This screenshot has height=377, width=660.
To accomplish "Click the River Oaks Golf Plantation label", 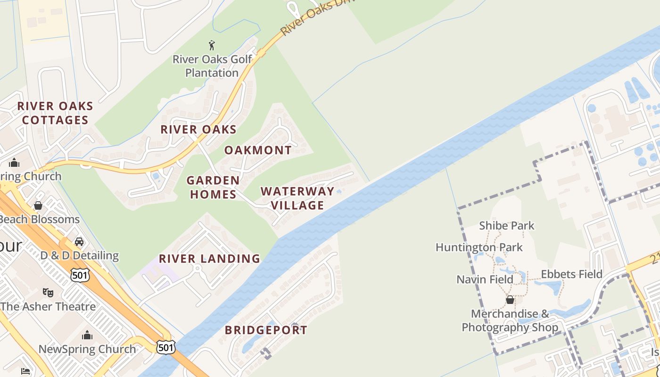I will [212, 66].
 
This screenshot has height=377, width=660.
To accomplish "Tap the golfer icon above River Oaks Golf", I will [212, 45].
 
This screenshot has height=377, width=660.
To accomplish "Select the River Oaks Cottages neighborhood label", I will [55, 113].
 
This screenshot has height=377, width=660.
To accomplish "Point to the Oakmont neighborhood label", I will [258, 150].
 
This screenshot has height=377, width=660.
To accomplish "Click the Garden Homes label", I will [213, 187].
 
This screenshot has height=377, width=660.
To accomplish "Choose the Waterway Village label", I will [292, 198].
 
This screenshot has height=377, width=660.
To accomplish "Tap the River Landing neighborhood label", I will [209, 259].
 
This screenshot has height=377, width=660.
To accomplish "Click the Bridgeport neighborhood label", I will [266, 330].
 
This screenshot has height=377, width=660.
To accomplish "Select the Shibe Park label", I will [507, 226].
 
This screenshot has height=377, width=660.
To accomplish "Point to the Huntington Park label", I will [479, 247].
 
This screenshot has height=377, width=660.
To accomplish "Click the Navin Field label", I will [485, 279].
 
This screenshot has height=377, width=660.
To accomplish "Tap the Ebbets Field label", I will [571, 274].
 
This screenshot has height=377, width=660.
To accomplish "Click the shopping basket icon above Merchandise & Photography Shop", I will [510, 299].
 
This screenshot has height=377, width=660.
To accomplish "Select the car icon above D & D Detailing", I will [79, 242].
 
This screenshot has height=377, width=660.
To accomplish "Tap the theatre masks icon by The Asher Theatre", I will [48, 293].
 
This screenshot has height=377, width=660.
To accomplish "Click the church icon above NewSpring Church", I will [87, 335].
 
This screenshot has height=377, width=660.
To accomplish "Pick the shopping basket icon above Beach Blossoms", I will [38, 205].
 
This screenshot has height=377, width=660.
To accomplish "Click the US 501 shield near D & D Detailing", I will [80, 275].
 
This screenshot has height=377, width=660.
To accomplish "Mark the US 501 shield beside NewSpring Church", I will [165, 347].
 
